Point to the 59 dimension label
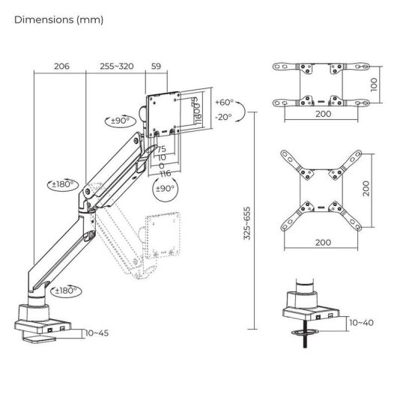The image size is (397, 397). click(x=157, y=67)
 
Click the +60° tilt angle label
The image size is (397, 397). click(x=222, y=102)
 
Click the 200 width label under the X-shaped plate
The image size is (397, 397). click(x=324, y=243)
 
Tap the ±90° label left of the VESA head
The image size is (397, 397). click(x=120, y=119)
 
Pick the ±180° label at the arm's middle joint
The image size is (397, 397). click(x=63, y=184)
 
